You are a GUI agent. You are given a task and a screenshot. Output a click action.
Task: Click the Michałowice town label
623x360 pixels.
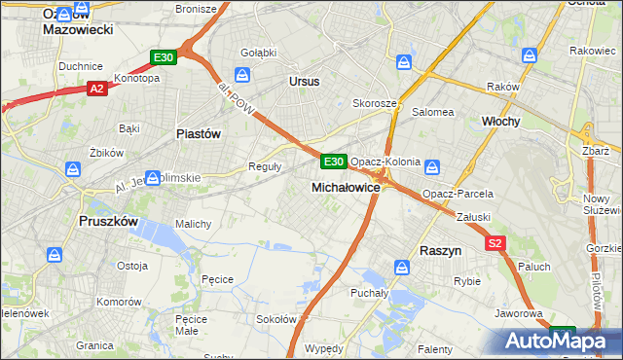pos(346,186)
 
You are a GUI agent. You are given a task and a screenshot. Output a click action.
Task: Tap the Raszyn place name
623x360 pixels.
pos(440,250)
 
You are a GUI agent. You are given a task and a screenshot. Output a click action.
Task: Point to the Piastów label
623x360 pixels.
pos(198,133)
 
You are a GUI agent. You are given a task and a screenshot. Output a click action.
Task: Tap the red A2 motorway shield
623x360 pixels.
pos(96,89)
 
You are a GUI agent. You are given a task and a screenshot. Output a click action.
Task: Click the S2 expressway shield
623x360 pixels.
pos(495,243)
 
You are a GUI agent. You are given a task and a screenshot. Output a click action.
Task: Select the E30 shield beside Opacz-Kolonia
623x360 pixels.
pos(333,161)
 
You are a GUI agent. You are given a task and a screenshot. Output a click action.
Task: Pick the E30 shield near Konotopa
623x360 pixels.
pos(164,58)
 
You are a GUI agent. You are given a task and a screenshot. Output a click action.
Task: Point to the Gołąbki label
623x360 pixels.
pos(258,52)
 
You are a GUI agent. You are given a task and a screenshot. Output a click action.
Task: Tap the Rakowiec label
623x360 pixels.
pos(593,51)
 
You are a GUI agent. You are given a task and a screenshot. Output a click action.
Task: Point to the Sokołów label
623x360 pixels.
pos(275,319)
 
